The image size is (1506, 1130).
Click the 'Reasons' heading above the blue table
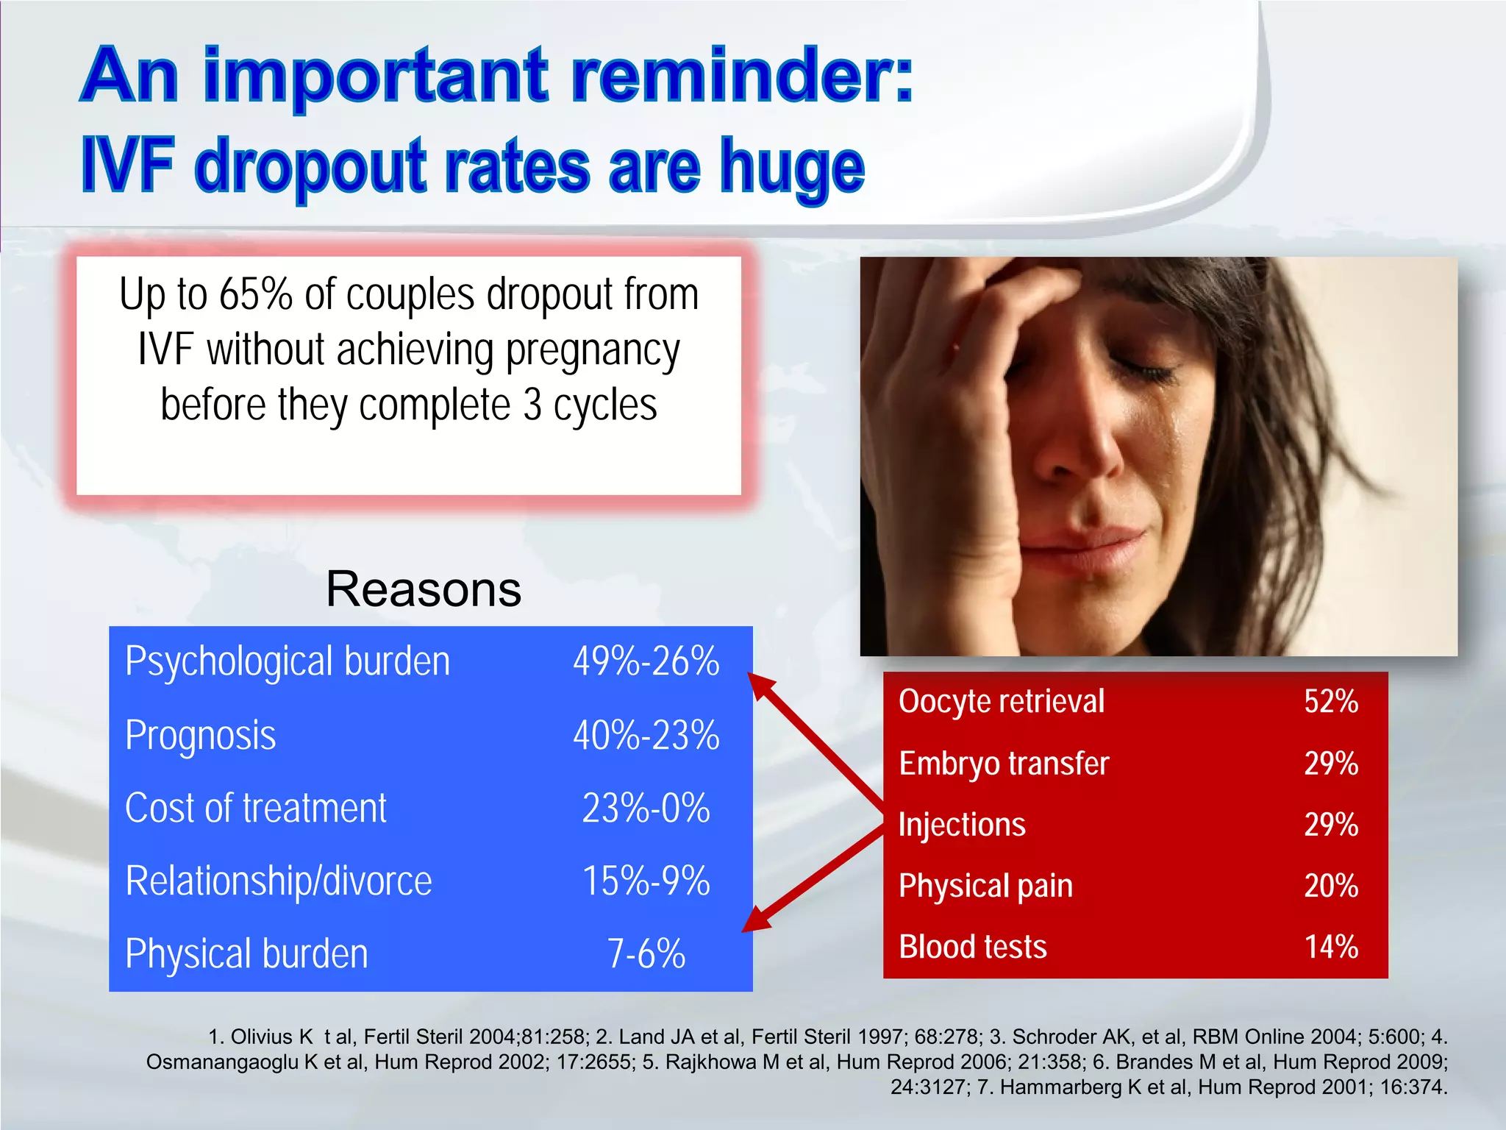(424, 590)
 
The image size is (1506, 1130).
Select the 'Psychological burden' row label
(287, 661)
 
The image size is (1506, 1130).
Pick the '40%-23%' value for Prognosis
(646, 736)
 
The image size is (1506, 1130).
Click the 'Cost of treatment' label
(255, 809)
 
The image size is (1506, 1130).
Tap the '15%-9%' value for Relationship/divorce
(646, 881)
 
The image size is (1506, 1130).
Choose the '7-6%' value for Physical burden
(646, 954)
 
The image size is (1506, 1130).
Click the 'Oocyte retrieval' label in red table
(1001, 702)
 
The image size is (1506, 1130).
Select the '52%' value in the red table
(1330, 702)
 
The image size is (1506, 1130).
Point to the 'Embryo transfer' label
(1003, 764)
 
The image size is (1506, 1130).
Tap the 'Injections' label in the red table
(961, 825)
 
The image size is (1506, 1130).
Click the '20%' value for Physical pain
(1330, 886)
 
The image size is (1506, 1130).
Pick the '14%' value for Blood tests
(1330, 947)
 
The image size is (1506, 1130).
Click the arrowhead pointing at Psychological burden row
(760, 684)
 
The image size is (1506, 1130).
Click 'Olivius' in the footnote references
(261, 1037)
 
